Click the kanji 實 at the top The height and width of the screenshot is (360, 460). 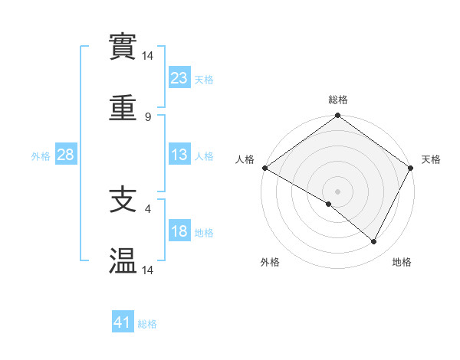tap(123, 48)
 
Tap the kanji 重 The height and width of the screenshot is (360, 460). tap(123, 110)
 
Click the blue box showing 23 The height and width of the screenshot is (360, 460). tap(179, 77)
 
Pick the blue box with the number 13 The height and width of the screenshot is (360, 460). tap(179, 155)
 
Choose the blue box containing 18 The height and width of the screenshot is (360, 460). tap(179, 231)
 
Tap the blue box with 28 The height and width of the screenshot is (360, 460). tap(66, 155)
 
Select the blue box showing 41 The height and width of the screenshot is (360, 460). tap(123, 322)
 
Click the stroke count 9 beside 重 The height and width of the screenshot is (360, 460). tap(147, 117)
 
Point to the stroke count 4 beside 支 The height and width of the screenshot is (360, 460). tap(147, 206)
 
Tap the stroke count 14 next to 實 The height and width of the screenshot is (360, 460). tap(148, 56)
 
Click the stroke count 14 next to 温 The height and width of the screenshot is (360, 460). tap(148, 270)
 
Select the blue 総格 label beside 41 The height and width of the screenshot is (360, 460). tap(147, 324)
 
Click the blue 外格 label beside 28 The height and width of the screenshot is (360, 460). tap(41, 155)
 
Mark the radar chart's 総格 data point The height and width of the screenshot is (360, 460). tap(337, 116)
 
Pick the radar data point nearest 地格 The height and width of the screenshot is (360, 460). tap(374, 242)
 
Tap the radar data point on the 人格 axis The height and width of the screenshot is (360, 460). tap(264, 168)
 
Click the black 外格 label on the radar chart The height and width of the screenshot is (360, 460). tap(270, 263)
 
